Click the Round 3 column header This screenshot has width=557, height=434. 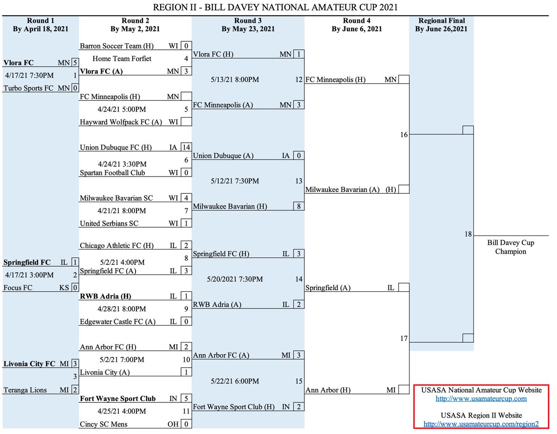pyautogui.click(x=248, y=25)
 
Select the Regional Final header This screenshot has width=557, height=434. pyautogui.click(x=441, y=25)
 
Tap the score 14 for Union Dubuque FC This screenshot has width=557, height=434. pyautogui.click(x=187, y=148)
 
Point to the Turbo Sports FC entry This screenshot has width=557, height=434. pyautogui.click(x=29, y=88)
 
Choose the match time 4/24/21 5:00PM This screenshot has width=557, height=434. pyautogui.click(x=122, y=110)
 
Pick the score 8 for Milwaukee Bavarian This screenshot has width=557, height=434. pyautogui.click(x=299, y=206)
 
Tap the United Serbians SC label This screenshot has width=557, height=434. pyautogui.click(x=109, y=224)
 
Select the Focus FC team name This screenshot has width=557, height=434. pyautogui.click(x=18, y=288)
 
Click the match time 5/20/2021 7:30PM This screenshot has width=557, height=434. pyautogui.click(x=235, y=279)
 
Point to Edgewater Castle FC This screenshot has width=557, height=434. pyautogui.click(x=118, y=322)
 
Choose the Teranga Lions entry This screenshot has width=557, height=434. pyautogui.click(x=25, y=390)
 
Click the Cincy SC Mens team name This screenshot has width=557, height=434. pyautogui.click(x=104, y=424)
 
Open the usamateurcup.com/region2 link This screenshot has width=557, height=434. pyautogui.click(x=481, y=424)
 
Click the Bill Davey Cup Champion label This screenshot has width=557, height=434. pyautogui.click(x=511, y=247)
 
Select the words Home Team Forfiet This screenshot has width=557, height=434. pyautogui.click(x=122, y=59)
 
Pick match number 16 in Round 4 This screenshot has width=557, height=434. pyautogui.click(x=404, y=135)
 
